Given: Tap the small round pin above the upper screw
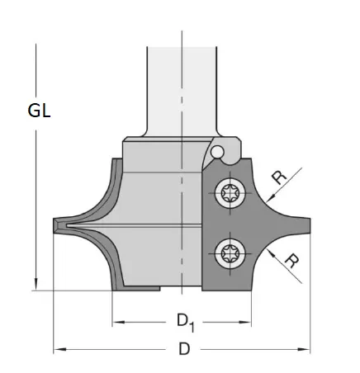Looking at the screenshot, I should [x=218, y=153].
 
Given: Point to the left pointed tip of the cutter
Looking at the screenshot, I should [x=54, y=223].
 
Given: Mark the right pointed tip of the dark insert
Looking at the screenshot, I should [x=309, y=223].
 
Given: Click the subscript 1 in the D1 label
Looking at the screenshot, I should [x=192, y=321].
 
